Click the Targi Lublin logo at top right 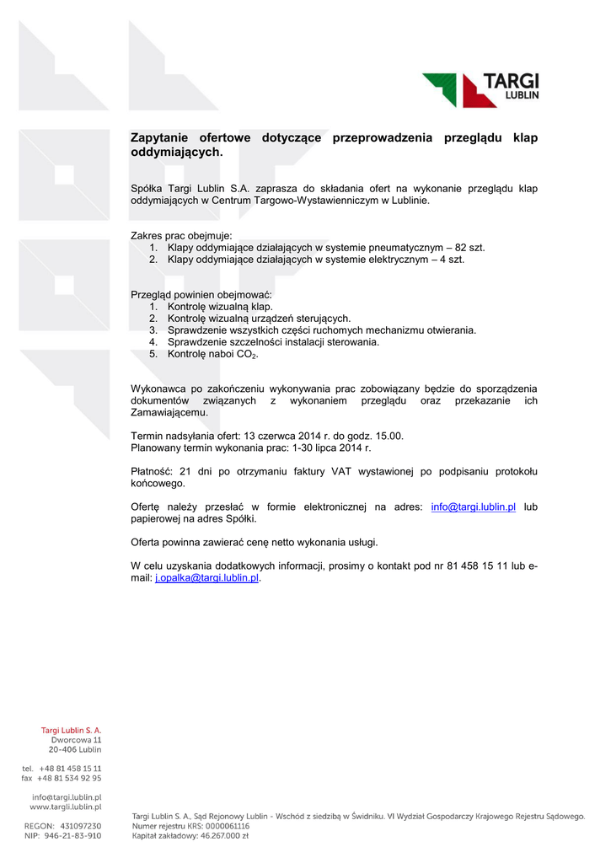(x=480, y=89)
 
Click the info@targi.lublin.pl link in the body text (x=473, y=507)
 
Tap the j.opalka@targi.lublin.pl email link (x=207, y=579)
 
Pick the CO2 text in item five (x=245, y=355)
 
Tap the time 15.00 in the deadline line (x=388, y=436)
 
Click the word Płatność (x=152, y=471)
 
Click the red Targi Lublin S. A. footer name (x=72, y=730)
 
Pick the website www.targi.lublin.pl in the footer (x=66, y=807)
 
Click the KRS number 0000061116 (x=222, y=826)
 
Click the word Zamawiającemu (x=169, y=413)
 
